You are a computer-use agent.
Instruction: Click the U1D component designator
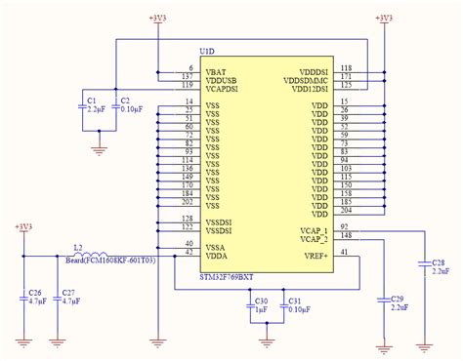point(207,51)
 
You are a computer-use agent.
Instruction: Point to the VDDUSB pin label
point(224,77)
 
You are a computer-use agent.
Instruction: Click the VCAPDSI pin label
point(226,86)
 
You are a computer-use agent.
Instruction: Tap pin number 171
point(346,76)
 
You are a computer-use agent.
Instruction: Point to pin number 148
point(346,235)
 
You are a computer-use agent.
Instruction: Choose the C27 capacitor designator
point(67,293)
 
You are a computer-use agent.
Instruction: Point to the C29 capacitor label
point(397,299)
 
